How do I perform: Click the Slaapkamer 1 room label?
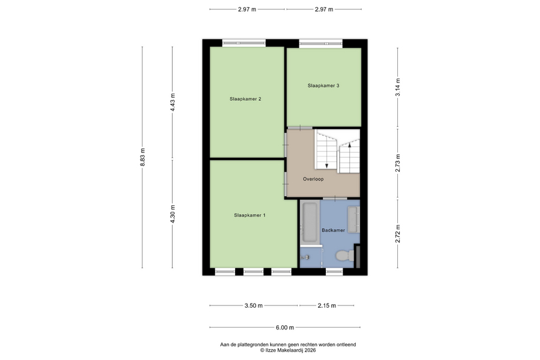click(250, 215)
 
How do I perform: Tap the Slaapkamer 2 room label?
click(245, 99)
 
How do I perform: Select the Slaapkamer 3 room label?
click(323, 85)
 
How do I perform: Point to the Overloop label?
click(313, 179)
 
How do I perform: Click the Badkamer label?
click(333, 230)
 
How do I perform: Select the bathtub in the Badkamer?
click(309, 223)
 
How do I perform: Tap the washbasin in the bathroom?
click(353, 220)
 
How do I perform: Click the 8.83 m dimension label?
click(143, 157)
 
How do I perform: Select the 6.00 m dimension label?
click(285, 328)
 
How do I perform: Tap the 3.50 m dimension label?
click(253, 305)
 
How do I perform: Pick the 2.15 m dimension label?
click(326, 305)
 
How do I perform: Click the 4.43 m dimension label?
click(173, 102)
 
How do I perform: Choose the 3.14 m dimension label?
click(398, 88)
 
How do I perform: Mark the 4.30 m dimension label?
click(173, 214)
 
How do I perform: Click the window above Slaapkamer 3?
click(320, 43)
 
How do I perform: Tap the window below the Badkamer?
click(334, 272)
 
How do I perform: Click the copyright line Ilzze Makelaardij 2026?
click(288, 350)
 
